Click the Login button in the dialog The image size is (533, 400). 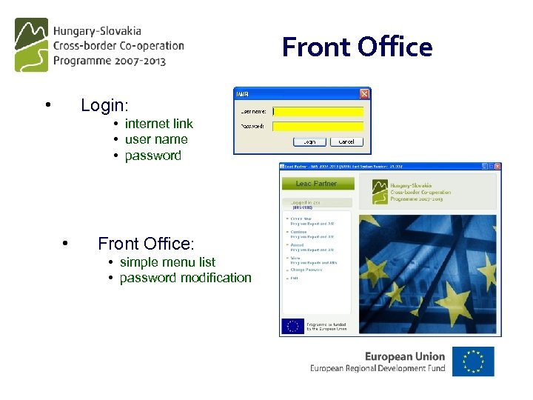click(x=309, y=141)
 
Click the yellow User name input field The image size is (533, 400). click(x=318, y=112)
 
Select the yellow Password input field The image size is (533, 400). click(x=318, y=127)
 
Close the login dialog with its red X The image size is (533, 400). click(x=364, y=94)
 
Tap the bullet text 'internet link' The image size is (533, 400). click(x=158, y=124)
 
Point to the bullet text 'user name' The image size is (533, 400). click(x=156, y=139)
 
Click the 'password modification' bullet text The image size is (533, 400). click(x=185, y=278)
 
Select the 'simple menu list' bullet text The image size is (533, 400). click(x=167, y=262)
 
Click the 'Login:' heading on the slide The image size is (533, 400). click(x=104, y=105)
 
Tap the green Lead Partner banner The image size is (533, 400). click(x=317, y=184)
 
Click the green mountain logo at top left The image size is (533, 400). click(x=31, y=44)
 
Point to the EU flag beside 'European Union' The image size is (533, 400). click(x=473, y=361)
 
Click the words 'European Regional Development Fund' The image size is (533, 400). click(x=378, y=368)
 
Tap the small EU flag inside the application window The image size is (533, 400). click(x=293, y=326)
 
